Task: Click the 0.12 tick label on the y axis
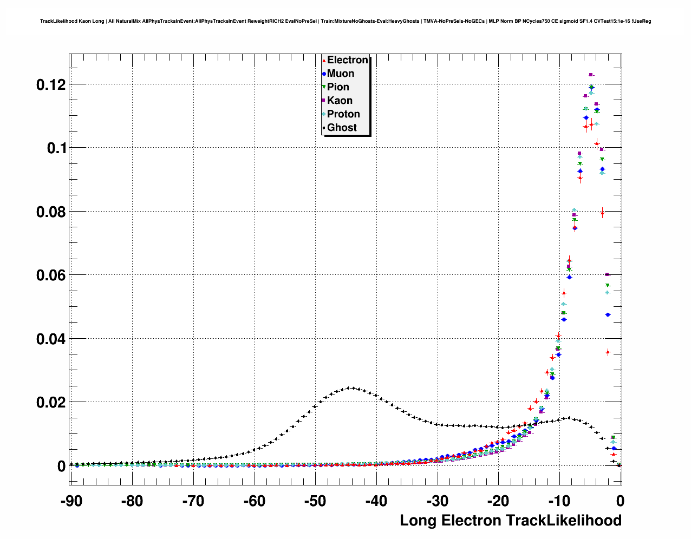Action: pos(51,84)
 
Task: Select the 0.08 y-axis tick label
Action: pos(51,212)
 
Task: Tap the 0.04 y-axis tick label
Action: pos(51,339)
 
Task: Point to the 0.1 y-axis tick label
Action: pos(56,148)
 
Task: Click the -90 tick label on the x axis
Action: pos(71,501)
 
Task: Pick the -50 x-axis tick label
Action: pos(315,501)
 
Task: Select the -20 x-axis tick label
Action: pos(498,501)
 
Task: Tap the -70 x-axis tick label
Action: pos(193,501)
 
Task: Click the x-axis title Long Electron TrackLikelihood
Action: pos(510,521)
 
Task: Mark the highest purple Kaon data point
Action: pos(591,75)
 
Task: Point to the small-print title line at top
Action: pos(345,21)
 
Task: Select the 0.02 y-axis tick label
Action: pos(51,402)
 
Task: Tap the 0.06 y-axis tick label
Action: pos(51,275)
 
